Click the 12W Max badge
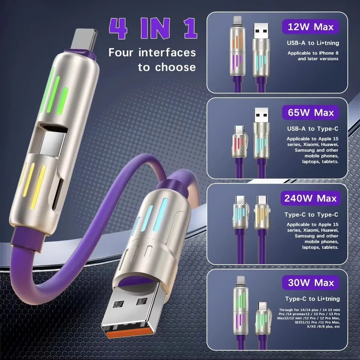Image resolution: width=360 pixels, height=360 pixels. (x=311, y=27)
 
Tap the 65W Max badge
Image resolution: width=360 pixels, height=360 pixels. (x=311, y=113)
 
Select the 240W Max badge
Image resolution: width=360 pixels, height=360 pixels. (x=310, y=198)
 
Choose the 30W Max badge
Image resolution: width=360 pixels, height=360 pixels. (x=311, y=283)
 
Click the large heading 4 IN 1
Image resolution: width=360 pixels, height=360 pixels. (x=153, y=29)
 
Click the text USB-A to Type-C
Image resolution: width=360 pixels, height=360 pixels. (x=313, y=129)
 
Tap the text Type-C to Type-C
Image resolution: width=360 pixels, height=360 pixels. (x=311, y=215)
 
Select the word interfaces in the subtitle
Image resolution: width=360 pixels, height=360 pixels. (x=167, y=53)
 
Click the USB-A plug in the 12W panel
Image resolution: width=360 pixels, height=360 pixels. (x=261, y=32)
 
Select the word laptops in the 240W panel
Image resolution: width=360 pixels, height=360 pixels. (x=311, y=247)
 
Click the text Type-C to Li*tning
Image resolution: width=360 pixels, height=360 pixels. (x=312, y=299)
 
